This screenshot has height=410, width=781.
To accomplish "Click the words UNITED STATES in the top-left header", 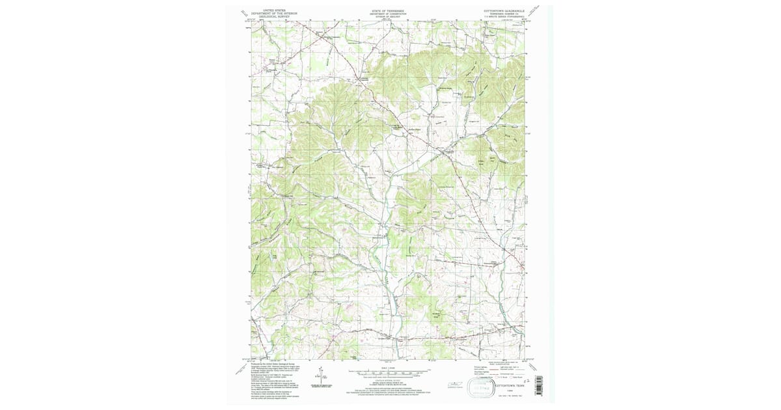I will (274, 10).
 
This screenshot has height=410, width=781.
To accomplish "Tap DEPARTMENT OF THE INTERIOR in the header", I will (274, 14).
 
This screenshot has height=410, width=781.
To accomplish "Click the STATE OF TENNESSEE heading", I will (387, 10).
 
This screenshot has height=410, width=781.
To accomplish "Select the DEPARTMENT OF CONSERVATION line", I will (387, 14).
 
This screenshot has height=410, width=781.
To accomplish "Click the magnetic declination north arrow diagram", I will (321, 376).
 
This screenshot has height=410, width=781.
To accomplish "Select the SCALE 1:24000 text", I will (387, 366).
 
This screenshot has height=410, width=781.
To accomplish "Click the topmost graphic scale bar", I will (387, 370).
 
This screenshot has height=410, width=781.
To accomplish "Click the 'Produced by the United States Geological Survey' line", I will (273, 363).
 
